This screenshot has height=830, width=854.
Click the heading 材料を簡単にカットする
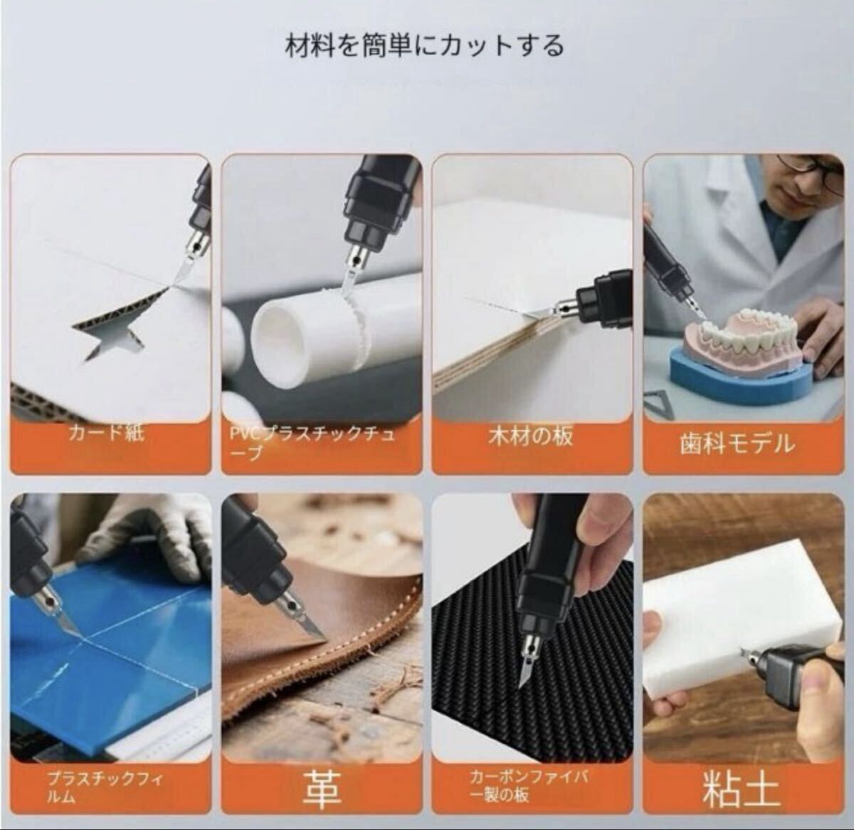425,46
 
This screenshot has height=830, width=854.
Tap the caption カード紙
106,432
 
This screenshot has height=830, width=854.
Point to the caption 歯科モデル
736,444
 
